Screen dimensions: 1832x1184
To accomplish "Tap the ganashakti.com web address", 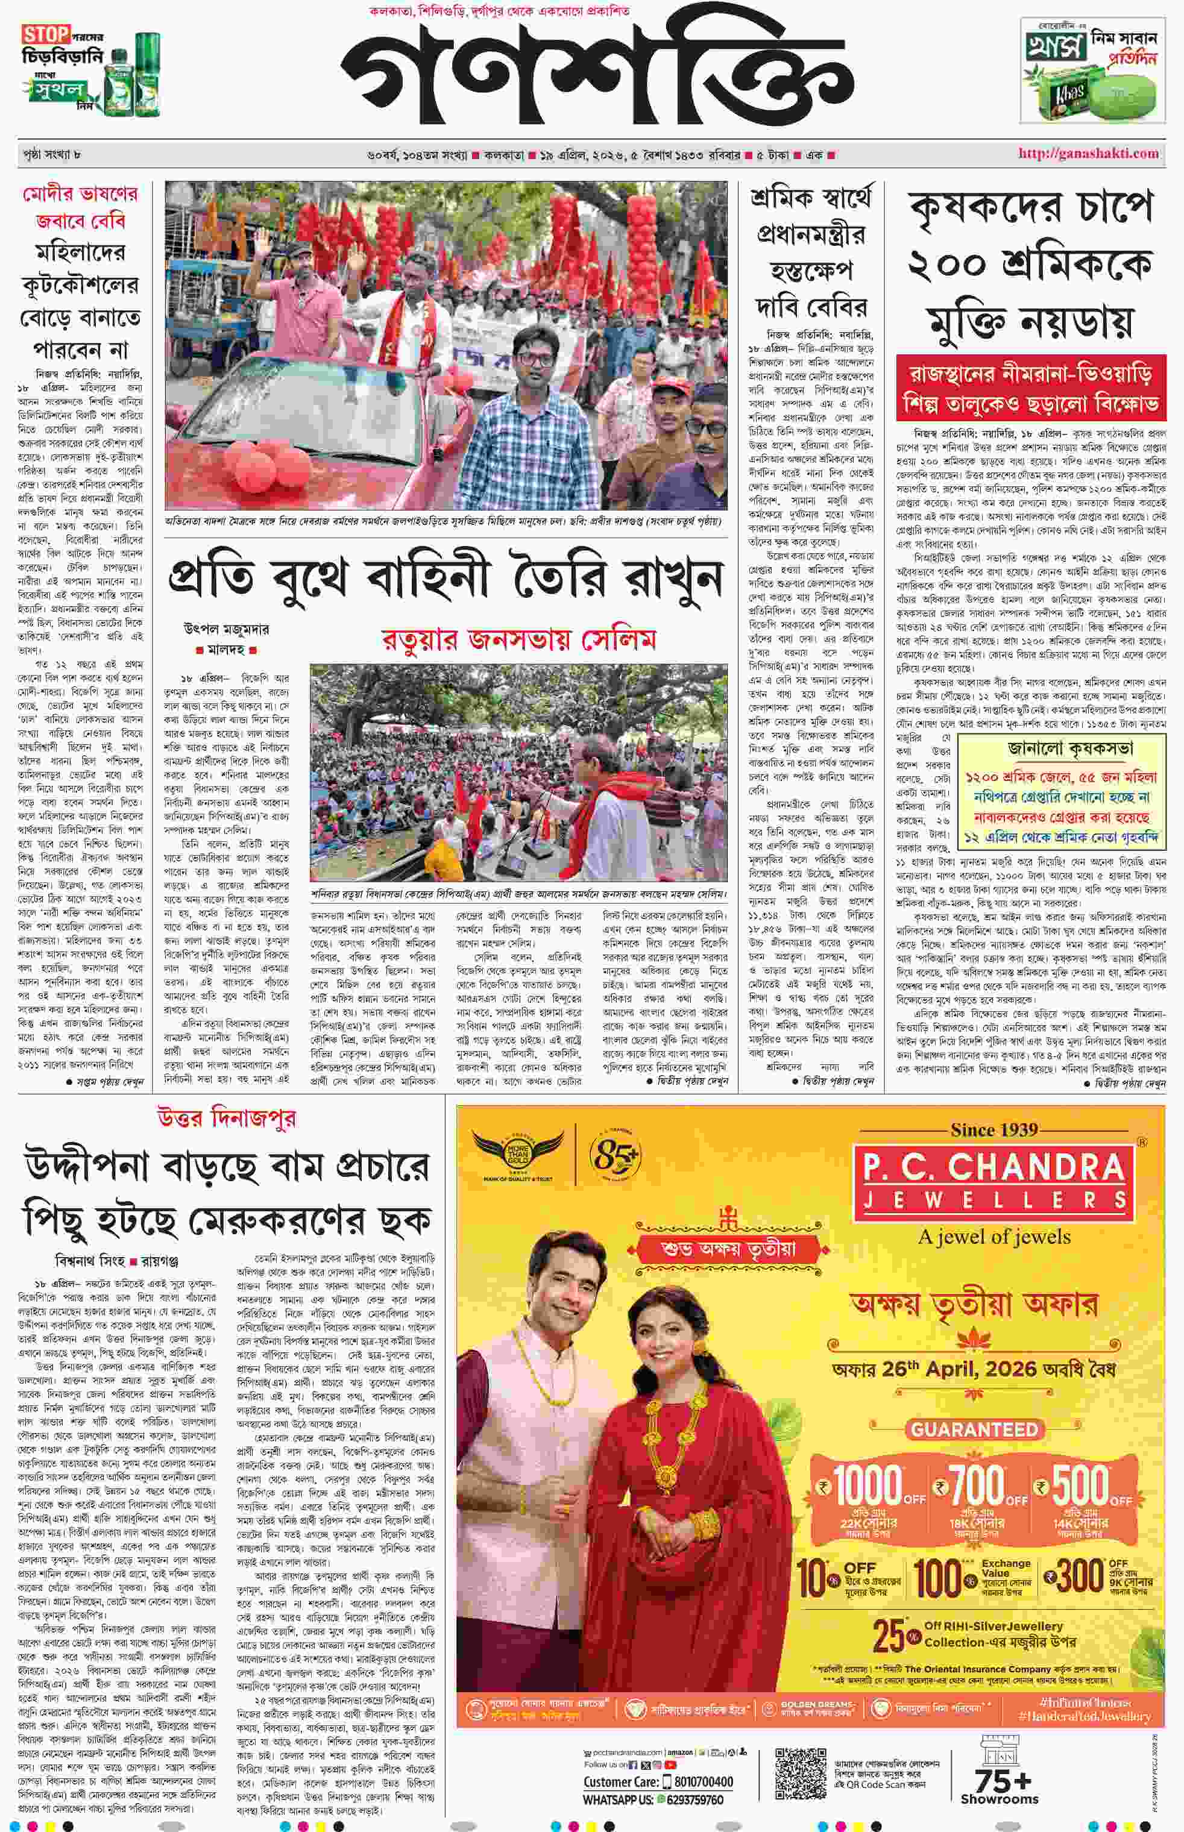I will coord(1088,153).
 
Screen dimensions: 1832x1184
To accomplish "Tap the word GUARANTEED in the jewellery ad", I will coord(974,1429).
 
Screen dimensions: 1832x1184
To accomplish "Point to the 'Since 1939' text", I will coord(994,1129).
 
